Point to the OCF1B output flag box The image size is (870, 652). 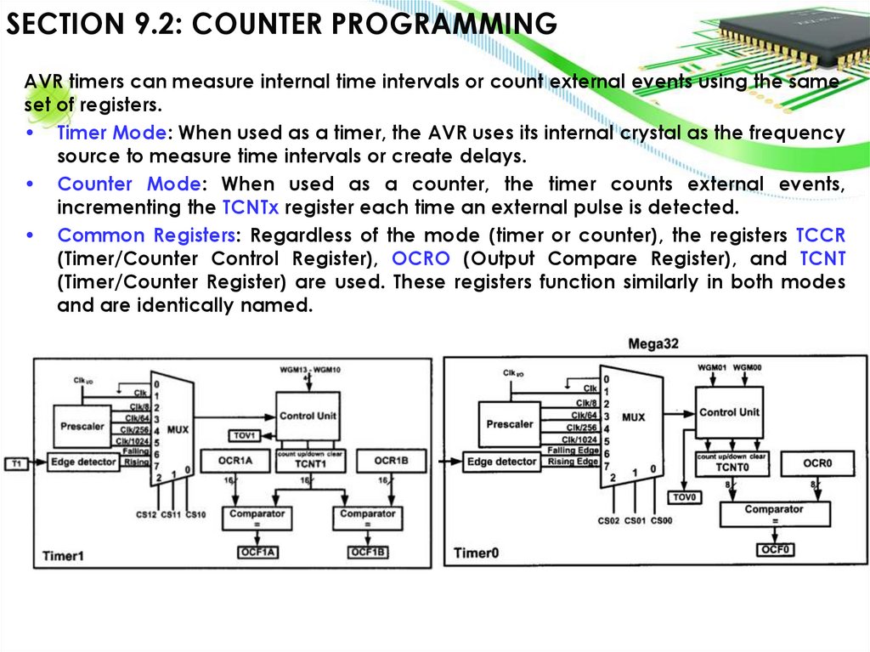[x=368, y=553]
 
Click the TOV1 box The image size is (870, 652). [x=245, y=436]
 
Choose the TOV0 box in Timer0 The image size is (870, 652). [x=684, y=497]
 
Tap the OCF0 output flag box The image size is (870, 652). [x=775, y=550]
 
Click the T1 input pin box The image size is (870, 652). [x=16, y=463]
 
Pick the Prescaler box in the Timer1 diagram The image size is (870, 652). [x=82, y=426]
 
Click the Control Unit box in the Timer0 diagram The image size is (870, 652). [x=729, y=412]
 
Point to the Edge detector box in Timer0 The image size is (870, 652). [x=502, y=462]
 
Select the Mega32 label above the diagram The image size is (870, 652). [x=653, y=344]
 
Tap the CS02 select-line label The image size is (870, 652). [x=608, y=521]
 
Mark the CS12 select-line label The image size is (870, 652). [x=146, y=515]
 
